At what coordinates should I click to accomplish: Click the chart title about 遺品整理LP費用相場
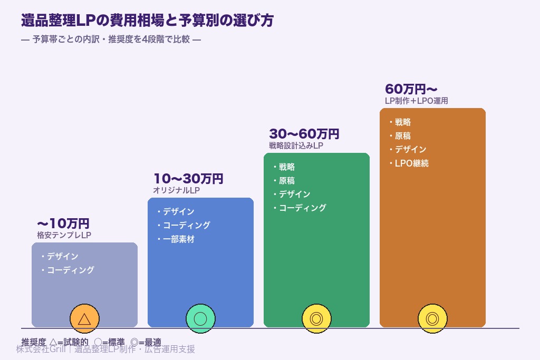(x=147, y=21)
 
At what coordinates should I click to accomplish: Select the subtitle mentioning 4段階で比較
(x=111, y=40)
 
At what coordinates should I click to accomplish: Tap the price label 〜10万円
(x=63, y=224)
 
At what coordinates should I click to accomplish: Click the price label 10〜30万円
(x=188, y=179)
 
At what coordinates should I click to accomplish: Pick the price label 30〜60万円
(x=304, y=134)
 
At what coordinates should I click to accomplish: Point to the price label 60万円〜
(x=411, y=89)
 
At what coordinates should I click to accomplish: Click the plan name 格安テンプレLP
(x=64, y=235)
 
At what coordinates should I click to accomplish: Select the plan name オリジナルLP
(x=176, y=190)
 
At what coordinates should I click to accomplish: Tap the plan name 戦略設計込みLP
(x=296, y=145)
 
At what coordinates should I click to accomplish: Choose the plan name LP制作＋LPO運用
(x=416, y=101)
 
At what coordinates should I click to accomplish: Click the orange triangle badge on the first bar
(x=84, y=319)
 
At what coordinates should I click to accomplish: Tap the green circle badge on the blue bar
(x=200, y=319)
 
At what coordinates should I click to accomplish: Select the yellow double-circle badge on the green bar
(x=316, y=319)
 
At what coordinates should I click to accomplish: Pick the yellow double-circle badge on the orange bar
(x=432, y=319)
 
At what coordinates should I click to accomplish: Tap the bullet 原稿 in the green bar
(x=286, y=181)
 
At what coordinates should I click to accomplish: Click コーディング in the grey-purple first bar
(x=70, y=270)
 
